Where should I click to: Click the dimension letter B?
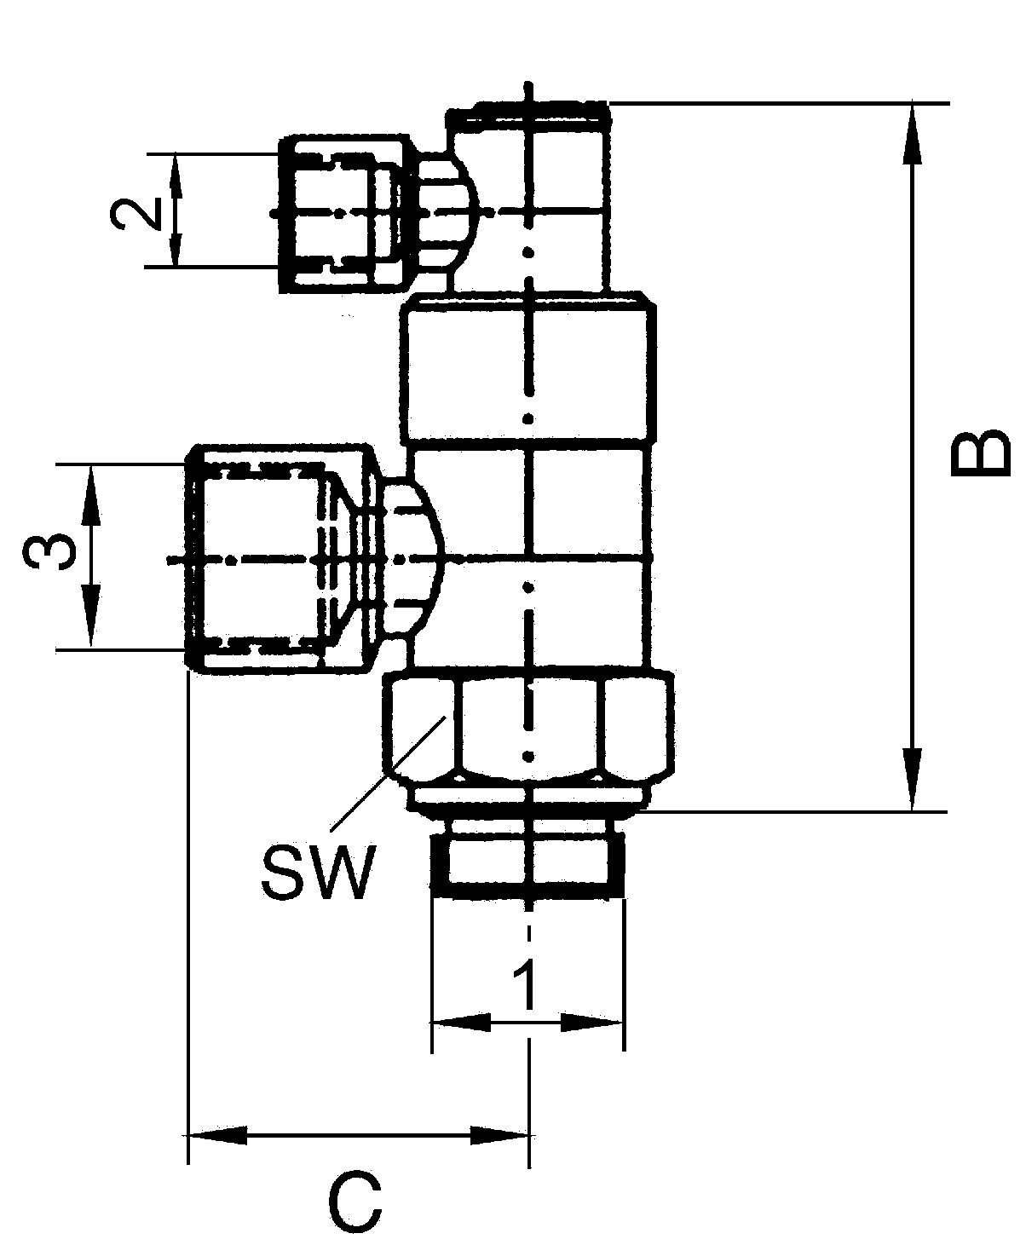(x=979, y=452)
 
